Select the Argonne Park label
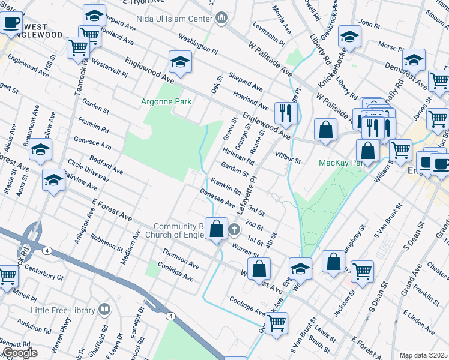pyautogui.click(x=166, y=101)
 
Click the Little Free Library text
pyautogui.click(x=64, y=310)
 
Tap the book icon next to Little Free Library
pyautogui.click(x=104, y=310)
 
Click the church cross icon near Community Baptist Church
pyautogui.click(x=234, y=229)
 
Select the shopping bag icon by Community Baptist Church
pyautogui.click(x=217, y=229)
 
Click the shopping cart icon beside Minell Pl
pyautogui.click(x=7, y=277)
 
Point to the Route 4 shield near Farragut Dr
pyautogui.click(x=170, y=316)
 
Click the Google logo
pyautogui.click(x=19, y=353)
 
